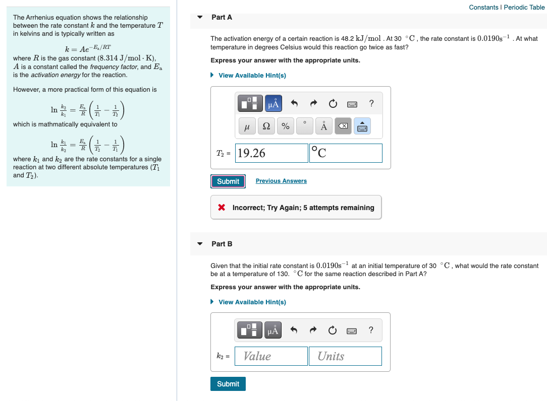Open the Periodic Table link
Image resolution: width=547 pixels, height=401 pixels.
524,7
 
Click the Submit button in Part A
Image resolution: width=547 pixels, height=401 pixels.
228,181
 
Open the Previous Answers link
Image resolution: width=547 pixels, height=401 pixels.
281,181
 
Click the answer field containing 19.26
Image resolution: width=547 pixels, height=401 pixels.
271,153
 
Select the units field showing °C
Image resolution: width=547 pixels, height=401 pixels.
346,153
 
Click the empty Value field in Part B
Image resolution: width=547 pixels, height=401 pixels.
271,356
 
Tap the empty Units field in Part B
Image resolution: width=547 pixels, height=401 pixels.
345,356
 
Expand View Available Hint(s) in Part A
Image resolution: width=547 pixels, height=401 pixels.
252,76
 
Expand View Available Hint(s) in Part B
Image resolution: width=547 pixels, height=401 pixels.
252,302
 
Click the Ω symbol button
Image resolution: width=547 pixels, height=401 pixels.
266,127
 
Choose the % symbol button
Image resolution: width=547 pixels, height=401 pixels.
285,127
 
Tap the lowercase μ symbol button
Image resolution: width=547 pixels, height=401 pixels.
247,127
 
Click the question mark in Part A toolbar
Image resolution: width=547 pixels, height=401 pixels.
371,104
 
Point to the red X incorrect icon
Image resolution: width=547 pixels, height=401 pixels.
221,208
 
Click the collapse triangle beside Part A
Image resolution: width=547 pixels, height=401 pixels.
200,17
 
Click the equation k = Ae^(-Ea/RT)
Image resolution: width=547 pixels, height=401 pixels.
88,49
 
